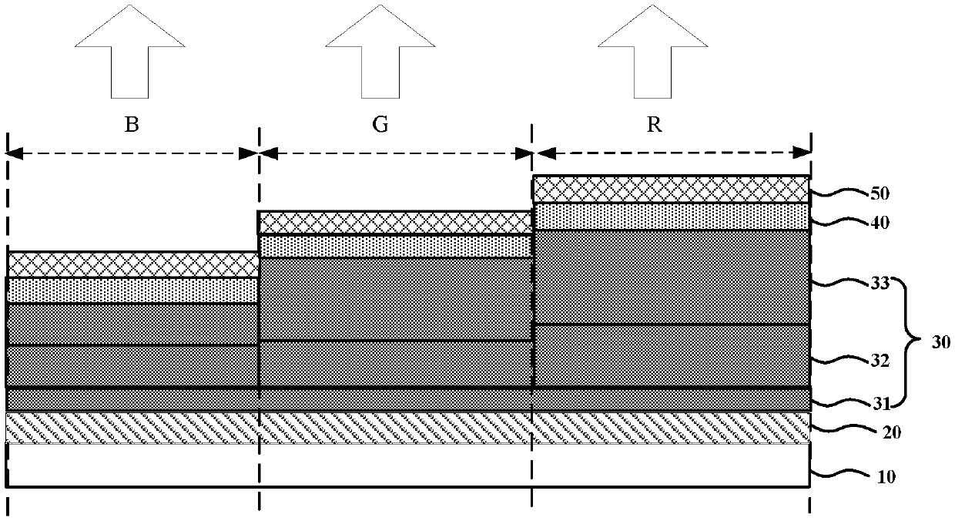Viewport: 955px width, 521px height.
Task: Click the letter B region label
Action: [132, 125]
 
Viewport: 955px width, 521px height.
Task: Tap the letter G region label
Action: [380, 125]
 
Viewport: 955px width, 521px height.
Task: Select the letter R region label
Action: [655, 125]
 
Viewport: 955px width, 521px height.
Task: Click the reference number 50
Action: [880, 193]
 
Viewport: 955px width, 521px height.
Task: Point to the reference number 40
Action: [880, 223]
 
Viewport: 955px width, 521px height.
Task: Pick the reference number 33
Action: [880, 283]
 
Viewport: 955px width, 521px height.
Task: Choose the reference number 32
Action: [880, 361]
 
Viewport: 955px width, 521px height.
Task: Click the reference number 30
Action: [940, 342]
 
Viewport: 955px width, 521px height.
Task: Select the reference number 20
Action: [892, 432]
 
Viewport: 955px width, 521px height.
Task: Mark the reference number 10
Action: [886, 477]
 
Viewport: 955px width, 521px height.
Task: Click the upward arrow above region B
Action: [130, 51]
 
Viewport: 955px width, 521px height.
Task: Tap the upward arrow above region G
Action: [380, 51]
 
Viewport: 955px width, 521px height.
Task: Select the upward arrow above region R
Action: [653, 51]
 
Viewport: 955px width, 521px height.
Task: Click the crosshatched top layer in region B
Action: [133, 264]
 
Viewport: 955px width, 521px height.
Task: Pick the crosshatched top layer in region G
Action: [395, 222]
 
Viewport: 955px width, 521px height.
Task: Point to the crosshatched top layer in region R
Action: [672, 189]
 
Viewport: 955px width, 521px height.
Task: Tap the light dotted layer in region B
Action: [133, 290]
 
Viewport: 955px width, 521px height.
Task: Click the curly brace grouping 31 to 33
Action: [906, 343]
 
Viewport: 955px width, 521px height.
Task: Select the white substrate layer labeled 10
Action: [408, 465]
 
